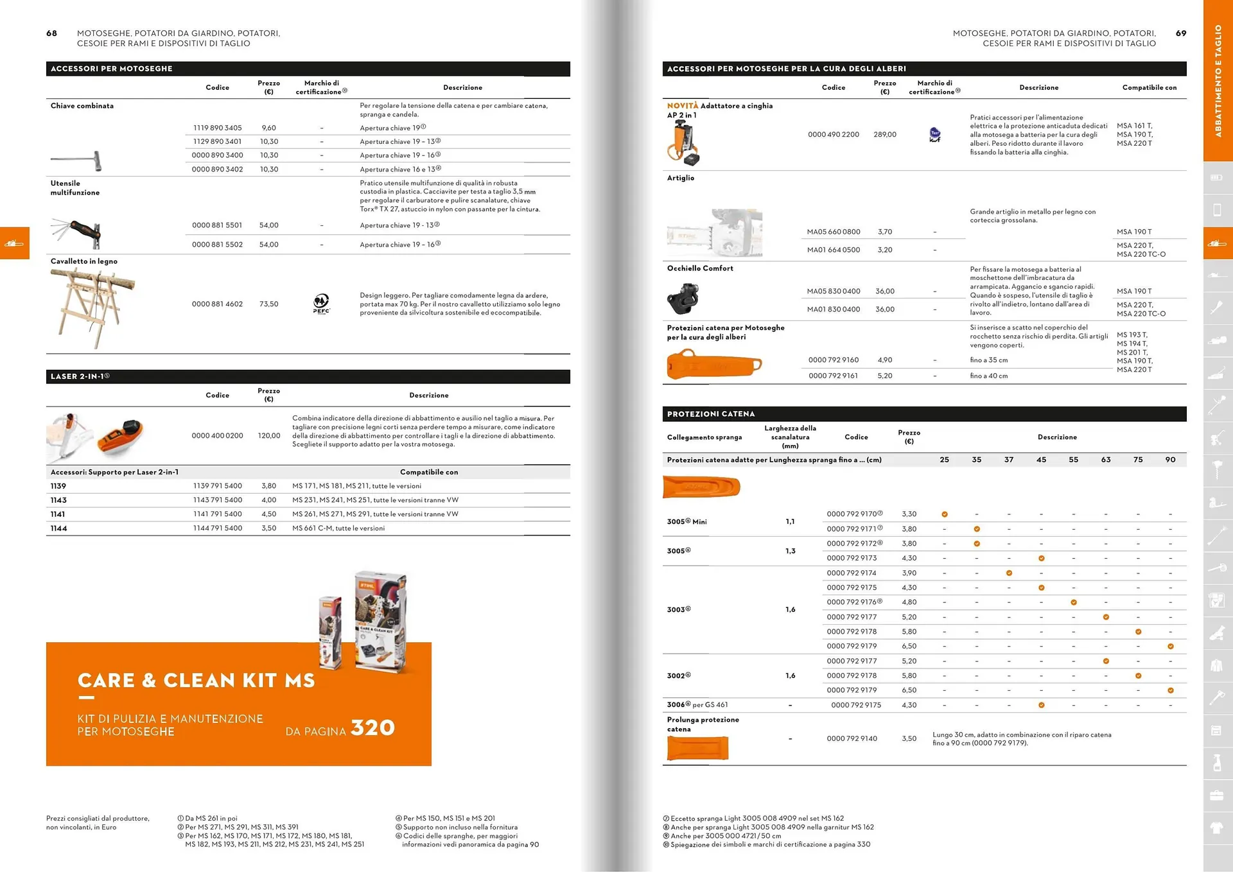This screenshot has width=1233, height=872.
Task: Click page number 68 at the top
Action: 51,33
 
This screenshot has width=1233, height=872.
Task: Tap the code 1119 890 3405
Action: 217,128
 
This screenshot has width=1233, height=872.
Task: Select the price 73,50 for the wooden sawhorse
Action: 268,304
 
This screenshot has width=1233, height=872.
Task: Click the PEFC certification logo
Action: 321,303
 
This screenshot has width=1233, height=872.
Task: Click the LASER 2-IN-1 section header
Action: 80,376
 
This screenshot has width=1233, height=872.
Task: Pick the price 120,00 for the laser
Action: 269,435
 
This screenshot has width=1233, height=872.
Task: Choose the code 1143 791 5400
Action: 217,500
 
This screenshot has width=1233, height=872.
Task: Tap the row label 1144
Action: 58,528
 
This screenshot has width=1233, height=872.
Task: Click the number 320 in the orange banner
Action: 372,728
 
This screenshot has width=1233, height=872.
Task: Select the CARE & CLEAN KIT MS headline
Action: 196,681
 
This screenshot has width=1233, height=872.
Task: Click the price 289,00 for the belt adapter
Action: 884,134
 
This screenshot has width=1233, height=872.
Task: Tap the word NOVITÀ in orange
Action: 682,106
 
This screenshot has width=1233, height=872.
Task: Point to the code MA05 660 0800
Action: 833,232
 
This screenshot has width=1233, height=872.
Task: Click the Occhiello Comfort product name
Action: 700,268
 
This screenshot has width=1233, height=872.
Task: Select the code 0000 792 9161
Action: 833,376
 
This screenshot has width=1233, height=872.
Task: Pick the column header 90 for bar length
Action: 1170,460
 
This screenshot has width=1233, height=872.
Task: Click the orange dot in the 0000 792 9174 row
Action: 1009,573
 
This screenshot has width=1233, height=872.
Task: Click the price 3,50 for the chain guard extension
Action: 909,738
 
